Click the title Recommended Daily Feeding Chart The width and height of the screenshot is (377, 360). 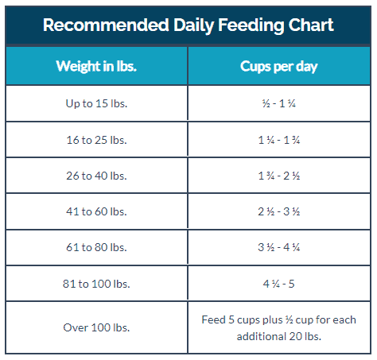pyautogui.click(x=188, y=25)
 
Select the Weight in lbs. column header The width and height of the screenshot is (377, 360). pyautogui.click(x=96, y=66)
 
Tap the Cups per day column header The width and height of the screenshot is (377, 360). pyautogui.click(x=279, y=66)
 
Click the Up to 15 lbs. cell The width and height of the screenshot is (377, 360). pyautogui.click(x=96, y=103)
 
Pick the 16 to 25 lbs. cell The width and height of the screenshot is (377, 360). pyautogui.click(x=96, y=139)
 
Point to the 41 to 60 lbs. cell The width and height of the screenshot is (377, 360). pyautogui.click(x=96, y=211)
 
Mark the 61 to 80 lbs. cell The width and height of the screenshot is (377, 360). pyautogui.click(x=96, y=247)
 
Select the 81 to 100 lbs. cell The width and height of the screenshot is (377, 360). pyautogui.click(x=96, y=283)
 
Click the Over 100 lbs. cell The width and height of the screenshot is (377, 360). pyautogui.click(x=96, y=327)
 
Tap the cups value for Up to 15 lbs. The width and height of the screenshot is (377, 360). pyautogui.click(x=279, y=103)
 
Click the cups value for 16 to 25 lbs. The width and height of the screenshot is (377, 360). pyautogui.click(x=279, y=139)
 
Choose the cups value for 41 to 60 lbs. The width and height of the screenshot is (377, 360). pyautogui.click(x=279, y=211)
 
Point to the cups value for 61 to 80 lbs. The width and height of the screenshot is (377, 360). pyautogui.click(x=279, y=247)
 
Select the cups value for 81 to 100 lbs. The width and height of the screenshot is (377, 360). pyautogui.click(x=279, y=283)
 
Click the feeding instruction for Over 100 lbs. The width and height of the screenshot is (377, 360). pyautogui.click(x=279, y=327)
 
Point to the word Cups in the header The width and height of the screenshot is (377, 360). pyautogui.click(x=256, y=66)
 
